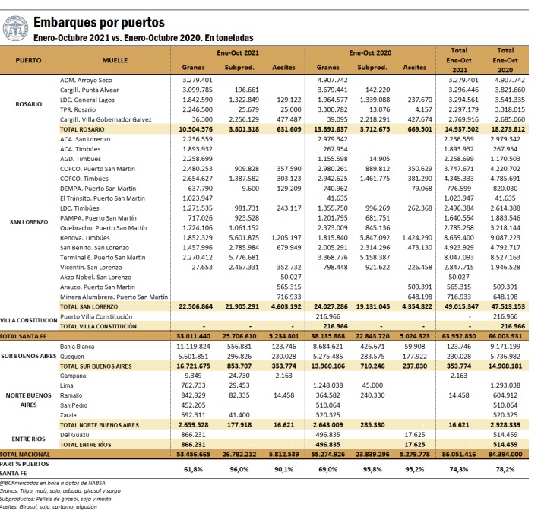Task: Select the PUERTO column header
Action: pyautogui.click(x=29, y=59)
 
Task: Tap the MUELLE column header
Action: pyautogui.click(x=115, y=59)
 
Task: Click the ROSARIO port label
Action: pyautogui.click(x=29, y=104)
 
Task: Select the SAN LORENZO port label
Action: pyautogui.click(x=30, y=222)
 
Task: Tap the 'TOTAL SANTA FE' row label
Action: pyautogui.click(x=28, y=335)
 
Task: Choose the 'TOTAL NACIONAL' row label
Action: pyautogui.click(x=28, y=453)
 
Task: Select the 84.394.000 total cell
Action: pyautogui.click(x=505, y=453)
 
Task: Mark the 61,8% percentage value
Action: pyautogui.click(x=194, y=470)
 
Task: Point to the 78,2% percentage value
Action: pyautogui.click(x=505, y=470)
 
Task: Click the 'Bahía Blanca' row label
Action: pyautogui.click(x=78, y=346)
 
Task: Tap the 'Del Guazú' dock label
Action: pyautogui.click(x=75, y=433)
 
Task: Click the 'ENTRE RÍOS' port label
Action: pyautogui.click(x=29, y=439)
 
